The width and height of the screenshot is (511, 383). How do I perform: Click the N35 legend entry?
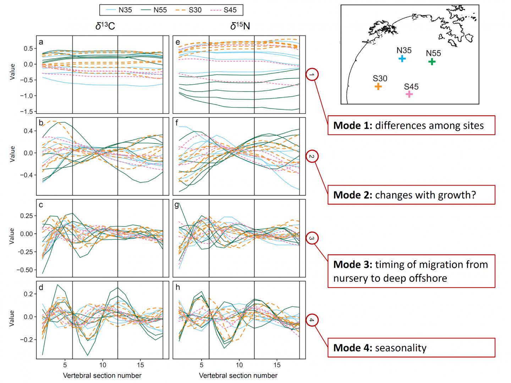(x=118, y=10)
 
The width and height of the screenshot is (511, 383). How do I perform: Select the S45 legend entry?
(x=223, y=10)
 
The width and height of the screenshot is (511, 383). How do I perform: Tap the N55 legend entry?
(x=153, y=10)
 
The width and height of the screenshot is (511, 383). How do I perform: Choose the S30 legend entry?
(x=188, y=10)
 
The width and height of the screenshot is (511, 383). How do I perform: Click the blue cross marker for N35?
(x=402, y=59)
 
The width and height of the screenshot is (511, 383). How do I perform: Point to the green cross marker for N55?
(x=432, y=62)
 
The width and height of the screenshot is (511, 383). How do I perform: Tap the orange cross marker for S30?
(x=378, y=86)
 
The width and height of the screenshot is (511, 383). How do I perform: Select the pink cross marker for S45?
(x=409, y=94)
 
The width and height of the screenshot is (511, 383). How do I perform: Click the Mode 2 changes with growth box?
(x=411, y=195)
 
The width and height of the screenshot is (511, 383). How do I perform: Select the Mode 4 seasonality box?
(x=411, y=348)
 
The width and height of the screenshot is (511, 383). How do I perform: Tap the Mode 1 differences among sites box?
(x=411, y=125)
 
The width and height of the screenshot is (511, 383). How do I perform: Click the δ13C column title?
(x=105, y=26)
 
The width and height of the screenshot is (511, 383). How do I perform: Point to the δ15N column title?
(x=240, y=26)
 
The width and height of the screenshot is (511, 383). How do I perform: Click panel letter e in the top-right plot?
(x=178, y=43)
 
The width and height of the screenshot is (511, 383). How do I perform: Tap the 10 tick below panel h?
(x=239, y=365)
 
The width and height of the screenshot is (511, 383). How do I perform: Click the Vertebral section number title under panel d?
(x=102, y=375)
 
